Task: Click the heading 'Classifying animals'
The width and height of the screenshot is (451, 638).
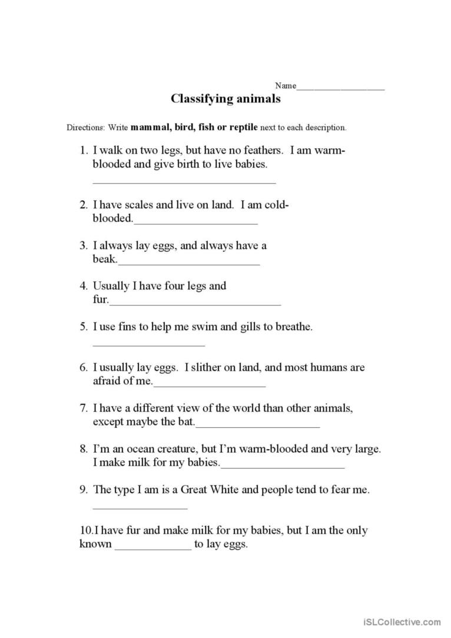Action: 225,99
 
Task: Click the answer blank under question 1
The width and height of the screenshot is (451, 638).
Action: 184,182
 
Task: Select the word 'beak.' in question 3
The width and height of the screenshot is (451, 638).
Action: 105,259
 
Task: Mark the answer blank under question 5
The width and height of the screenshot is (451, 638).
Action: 148,345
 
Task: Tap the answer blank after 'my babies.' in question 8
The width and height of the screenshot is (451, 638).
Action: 282,467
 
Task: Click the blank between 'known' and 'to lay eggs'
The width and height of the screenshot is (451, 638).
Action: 152,547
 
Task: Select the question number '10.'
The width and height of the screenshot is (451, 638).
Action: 86,530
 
